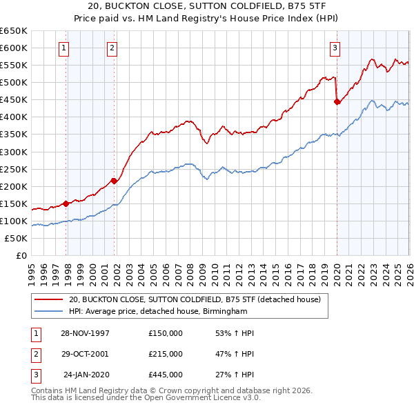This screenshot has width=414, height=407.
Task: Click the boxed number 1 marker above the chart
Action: [x=63, y=48]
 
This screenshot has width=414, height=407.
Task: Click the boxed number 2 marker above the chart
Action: [x=112, y=48]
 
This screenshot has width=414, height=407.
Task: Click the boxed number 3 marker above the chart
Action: [x=334, y=48]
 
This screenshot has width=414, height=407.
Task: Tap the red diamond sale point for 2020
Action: [x=337, y=101]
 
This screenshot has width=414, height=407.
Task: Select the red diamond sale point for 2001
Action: [x=115, y=181]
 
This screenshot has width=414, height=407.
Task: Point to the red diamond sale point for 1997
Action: [x=66, y=203]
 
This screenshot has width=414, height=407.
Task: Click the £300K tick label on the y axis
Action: [x=14, y=152]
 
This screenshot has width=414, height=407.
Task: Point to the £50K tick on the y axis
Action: [x=16, y=238]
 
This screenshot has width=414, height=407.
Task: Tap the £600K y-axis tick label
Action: [x=14, y=48]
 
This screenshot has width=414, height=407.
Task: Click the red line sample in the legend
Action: [x=48, y=300]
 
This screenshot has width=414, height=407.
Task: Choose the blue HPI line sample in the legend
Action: [x=48, y=312]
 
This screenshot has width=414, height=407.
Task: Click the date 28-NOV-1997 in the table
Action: [x=86, y=333]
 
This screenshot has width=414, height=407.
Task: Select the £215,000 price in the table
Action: [x=166, y=354]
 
